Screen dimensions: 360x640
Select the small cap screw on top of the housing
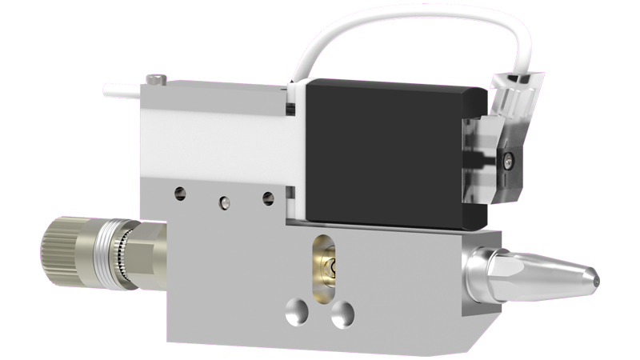(x=157, y=78)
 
